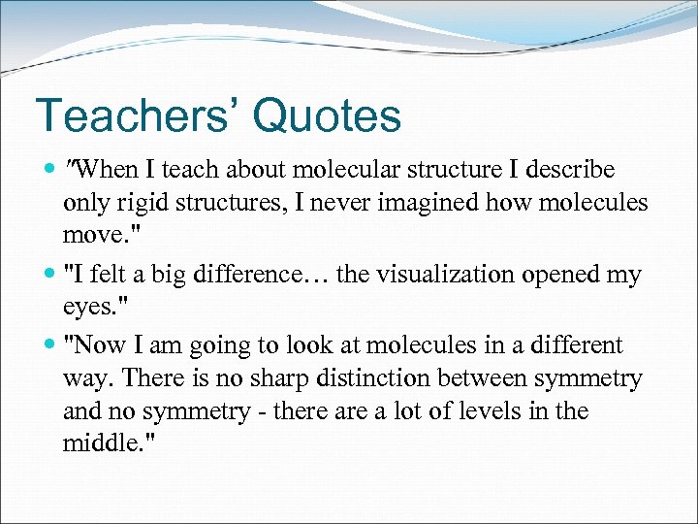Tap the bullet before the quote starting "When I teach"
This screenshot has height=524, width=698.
click(48, 171)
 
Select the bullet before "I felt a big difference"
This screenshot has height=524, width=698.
click(48, 276)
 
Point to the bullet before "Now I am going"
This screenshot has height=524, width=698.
click(48, 345)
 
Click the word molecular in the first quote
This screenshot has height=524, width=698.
click(334, 171)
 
